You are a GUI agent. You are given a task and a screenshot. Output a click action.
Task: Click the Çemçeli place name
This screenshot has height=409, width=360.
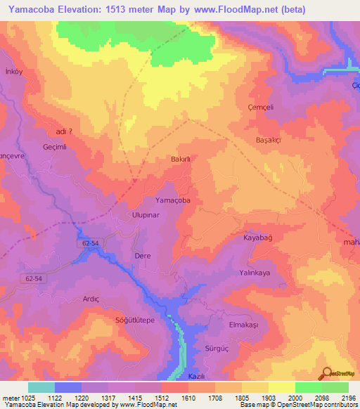pyautogui.click(x=271, y=107)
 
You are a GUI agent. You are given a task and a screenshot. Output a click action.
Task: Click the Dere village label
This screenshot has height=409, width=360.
pyautogui.click(x=143, y=257)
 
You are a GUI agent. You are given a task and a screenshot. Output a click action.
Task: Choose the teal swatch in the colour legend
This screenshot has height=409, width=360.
pyautogui.click(x=41, y=387)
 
